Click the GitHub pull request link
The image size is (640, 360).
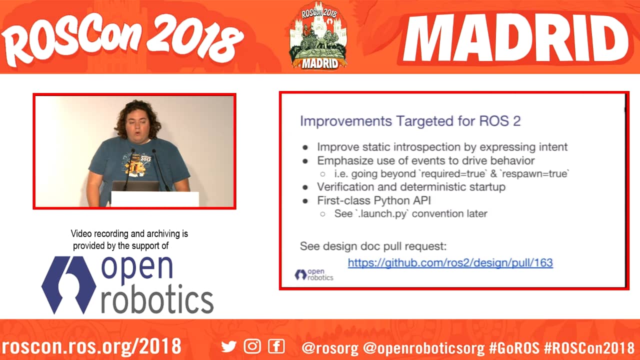(x=450, y=263)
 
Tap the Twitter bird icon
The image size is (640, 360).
(x=229, y=346)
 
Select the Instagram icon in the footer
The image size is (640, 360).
(x=252, y=346)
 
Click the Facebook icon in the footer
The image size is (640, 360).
(x=276, y=346)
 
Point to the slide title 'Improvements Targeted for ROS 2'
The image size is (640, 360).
(x=410, y=121)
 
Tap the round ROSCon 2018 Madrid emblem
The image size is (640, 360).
(x=318, y=35)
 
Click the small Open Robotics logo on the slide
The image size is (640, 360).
(x=313, y=274)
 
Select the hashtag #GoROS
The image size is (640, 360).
(x=514, y=347)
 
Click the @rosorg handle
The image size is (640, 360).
(x=330, y=347)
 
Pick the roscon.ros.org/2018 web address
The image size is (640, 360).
(x=91, y=346)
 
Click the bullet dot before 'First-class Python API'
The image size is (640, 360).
(x=305, y=201)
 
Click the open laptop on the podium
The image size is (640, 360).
(x=135, y=186)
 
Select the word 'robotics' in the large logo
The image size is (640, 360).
(x=157, y=299)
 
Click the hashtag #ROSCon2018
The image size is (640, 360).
(x=589, y=347)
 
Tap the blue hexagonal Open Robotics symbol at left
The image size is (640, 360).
(x=69, y=285)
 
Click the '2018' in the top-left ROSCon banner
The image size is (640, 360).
(x=194, y=37)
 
